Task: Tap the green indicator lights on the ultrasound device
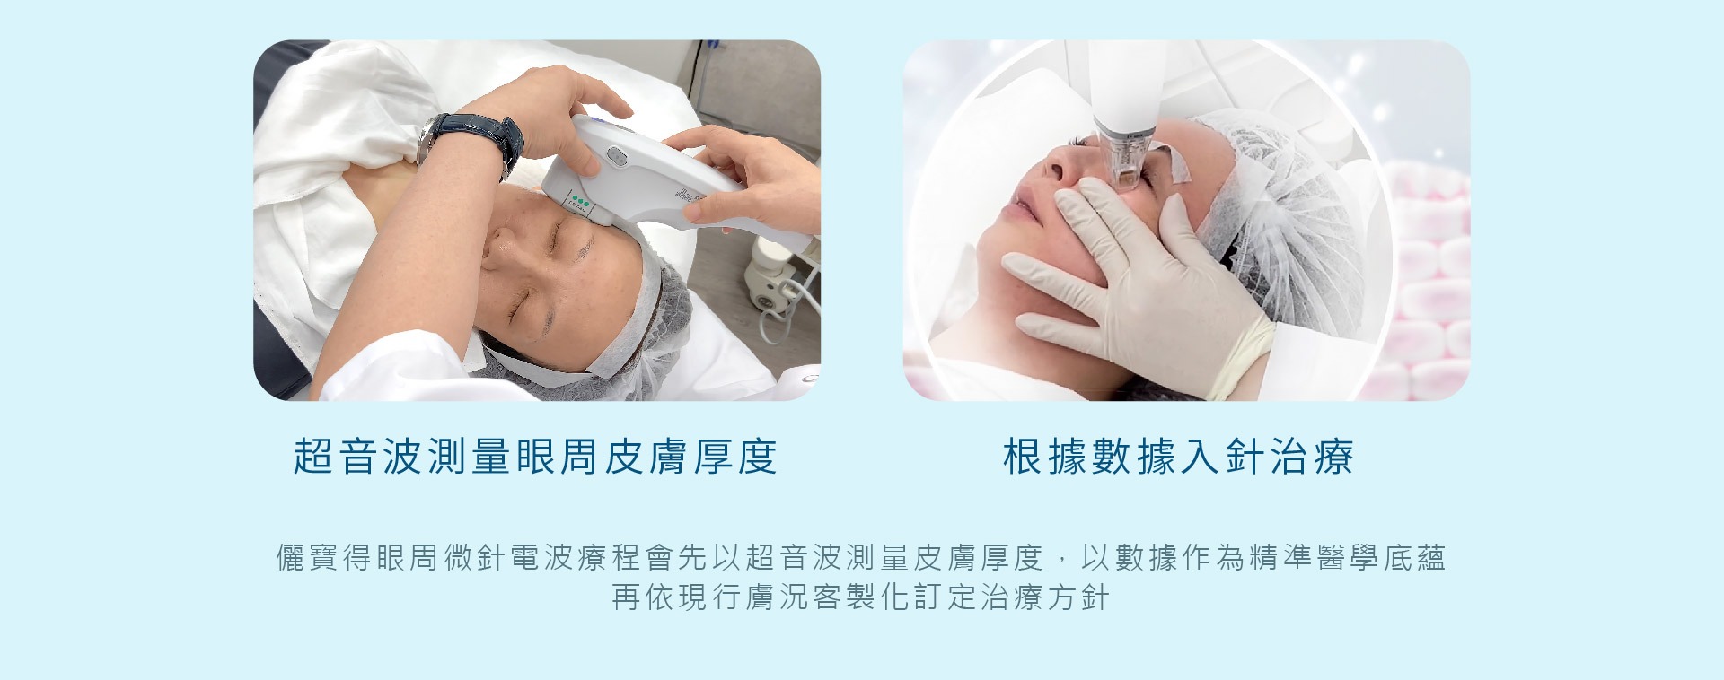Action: [x=579, y=199]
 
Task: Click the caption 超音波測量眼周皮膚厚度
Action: [x=535, y=457]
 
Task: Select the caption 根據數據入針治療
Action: [x=1178, y=457]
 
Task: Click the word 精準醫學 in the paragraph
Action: [x=1315, y=558]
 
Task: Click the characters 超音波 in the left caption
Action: [x=358, y=457]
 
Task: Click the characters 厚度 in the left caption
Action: [x=735, y=457]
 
